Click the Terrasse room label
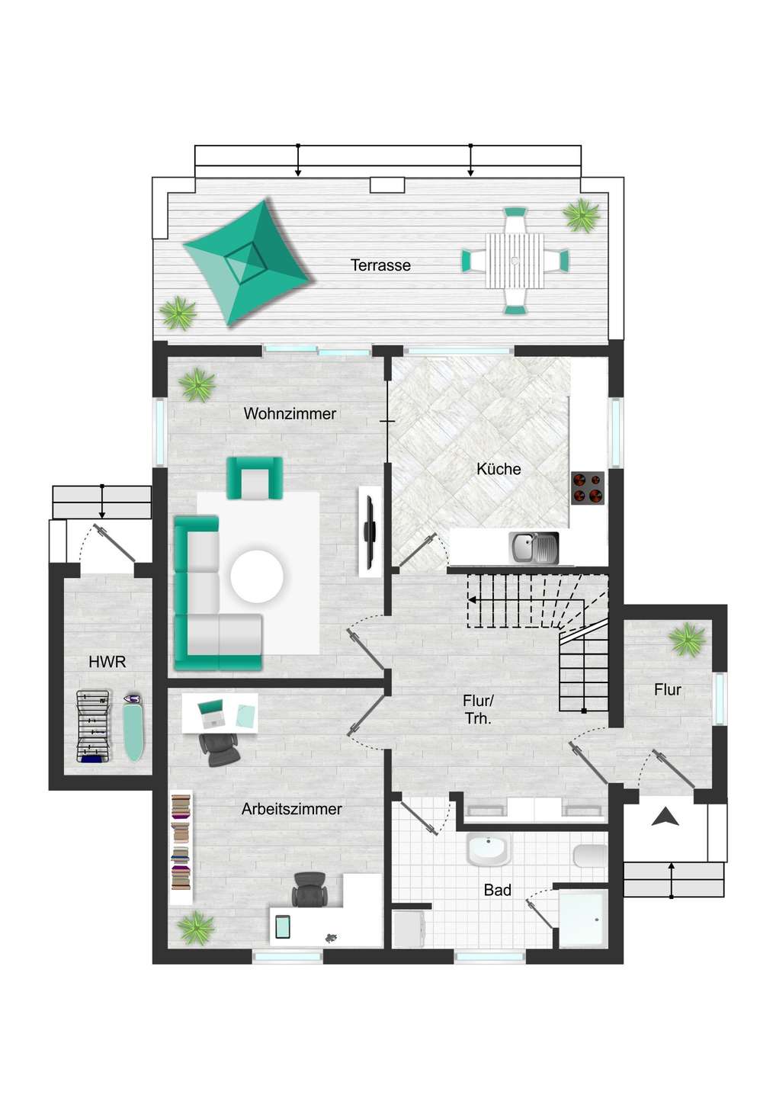point(380,265)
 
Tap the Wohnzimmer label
point(290,414)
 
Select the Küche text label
point(499,469)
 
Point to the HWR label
point(107,662)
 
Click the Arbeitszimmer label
point(291,809)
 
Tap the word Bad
point(497,890)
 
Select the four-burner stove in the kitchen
point(588,488)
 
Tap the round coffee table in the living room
point(257,576)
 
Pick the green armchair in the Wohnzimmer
point(255,478)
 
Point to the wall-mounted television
point(370,531)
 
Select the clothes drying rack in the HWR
point(93,727)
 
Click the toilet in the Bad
point(590,856)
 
